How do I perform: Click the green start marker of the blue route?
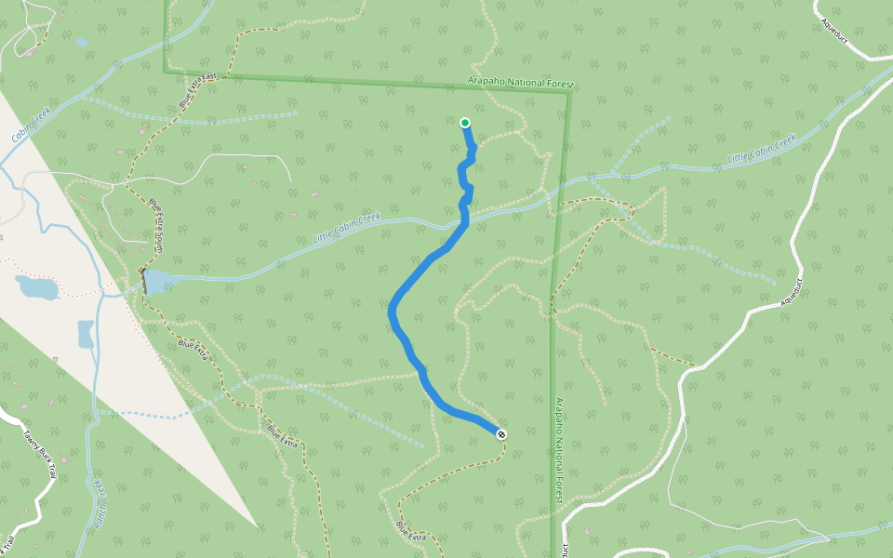464,122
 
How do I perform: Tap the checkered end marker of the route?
501,433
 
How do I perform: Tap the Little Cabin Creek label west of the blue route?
347,229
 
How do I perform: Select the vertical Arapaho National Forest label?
559,451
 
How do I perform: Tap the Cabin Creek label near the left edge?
30,128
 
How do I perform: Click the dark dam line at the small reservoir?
144,282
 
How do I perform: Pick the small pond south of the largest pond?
86,333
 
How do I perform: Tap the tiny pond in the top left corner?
82,42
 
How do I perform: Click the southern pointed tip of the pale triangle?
258,527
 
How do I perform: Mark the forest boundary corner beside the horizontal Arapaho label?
569,90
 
